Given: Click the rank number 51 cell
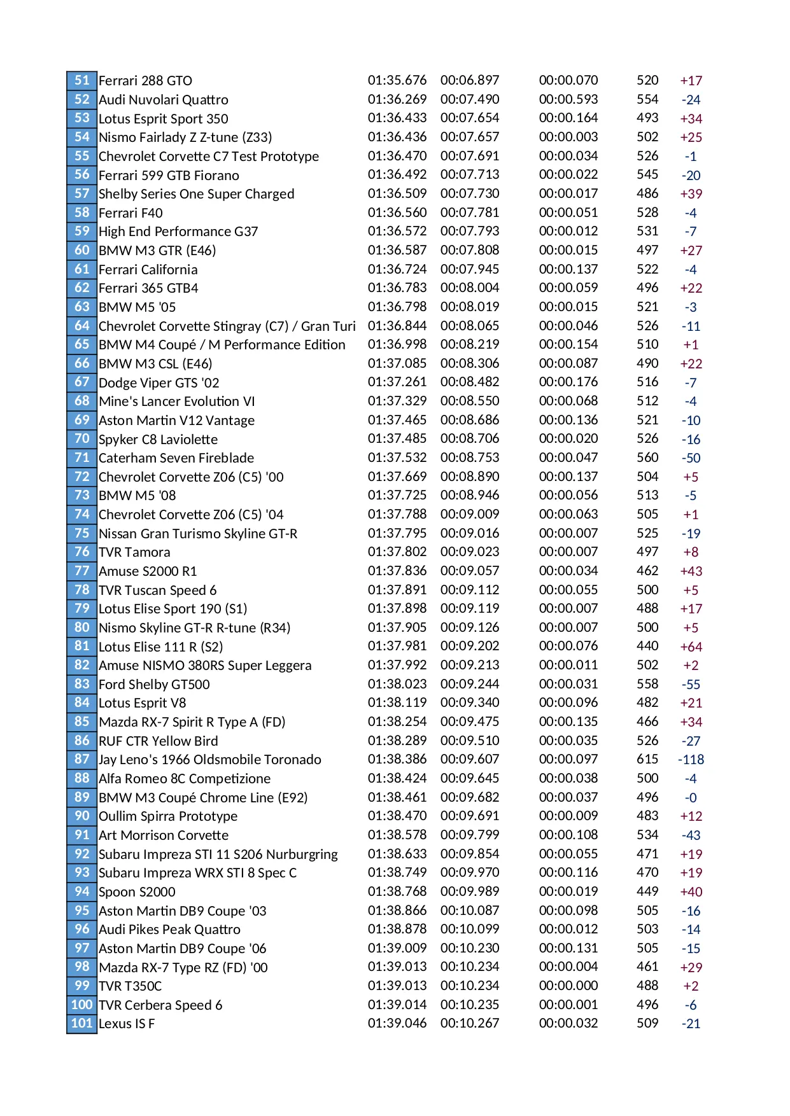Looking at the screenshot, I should (81, 81).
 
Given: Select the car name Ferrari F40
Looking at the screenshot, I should (130, 213).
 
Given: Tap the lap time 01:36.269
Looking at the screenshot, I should (397, 100).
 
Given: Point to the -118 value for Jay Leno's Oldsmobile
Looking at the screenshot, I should (691, 760).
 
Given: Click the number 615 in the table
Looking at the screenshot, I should (647, 760).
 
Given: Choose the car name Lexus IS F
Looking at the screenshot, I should (127, 1024).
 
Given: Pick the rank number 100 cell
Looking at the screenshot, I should (81, 1005).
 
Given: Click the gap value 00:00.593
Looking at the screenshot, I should (568, 100).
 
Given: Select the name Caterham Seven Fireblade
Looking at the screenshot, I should (176, 458).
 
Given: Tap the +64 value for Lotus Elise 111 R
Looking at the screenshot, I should (691, 647).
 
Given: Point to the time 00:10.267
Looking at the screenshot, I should (470, 1024).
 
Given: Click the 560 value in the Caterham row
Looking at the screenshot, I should (647, 458).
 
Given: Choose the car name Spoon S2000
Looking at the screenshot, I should (137, 892).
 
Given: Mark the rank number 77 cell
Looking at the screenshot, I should (81, 571).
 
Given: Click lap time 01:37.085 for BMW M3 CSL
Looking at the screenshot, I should (397, 364).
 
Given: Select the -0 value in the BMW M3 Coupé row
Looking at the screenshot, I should (691, 798).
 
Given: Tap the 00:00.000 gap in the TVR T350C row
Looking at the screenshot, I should (568, 986).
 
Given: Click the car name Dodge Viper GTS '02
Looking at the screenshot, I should (159, 383).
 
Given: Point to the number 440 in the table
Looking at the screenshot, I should (647, 646).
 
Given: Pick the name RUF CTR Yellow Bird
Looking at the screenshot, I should (159, 741).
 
